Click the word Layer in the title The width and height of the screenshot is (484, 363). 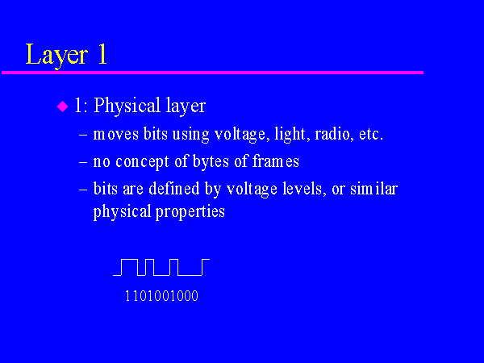56,55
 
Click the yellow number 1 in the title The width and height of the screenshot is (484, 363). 102,53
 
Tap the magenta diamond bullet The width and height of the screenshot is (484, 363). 63,106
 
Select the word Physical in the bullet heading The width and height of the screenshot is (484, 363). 127,106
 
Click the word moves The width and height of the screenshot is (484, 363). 115,135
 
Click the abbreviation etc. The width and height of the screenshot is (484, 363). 371,135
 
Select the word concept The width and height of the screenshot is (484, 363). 142,162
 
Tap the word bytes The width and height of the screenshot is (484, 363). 211,161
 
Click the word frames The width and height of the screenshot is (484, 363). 276,161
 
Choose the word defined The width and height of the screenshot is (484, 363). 174,188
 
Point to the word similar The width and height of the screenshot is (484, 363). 373,188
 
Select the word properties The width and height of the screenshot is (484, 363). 190,212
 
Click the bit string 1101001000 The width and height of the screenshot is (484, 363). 161,296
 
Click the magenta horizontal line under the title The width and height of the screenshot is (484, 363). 212,73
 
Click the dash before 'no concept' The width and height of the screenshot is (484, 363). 83,162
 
